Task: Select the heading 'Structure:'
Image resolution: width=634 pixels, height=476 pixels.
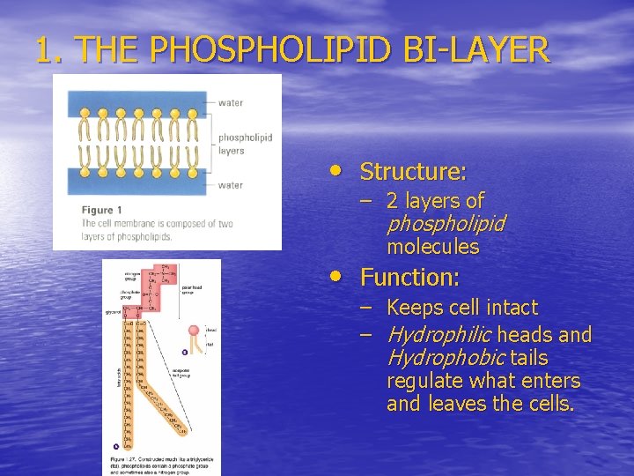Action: [x=413, y=171]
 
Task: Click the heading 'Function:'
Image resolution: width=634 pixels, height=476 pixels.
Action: [x=409, y=278]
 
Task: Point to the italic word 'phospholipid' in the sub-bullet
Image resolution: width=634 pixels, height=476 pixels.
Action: [x=446, y=224]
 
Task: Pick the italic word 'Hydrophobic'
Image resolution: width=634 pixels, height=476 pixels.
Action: [x=444, y=358]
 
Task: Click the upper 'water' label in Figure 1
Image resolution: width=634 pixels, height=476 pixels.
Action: [x=231, y=102]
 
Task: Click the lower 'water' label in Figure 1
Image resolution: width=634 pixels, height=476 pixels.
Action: [x=231, y=185]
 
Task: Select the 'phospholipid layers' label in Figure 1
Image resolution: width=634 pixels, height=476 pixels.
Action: [x=244, y=144]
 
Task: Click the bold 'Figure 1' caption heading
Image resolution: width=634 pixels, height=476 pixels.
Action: [x=97, y=210]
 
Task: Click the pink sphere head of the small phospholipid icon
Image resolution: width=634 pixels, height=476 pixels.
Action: [x=193, y=331]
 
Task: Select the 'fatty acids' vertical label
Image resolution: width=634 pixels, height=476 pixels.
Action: [x=107, y=379]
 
